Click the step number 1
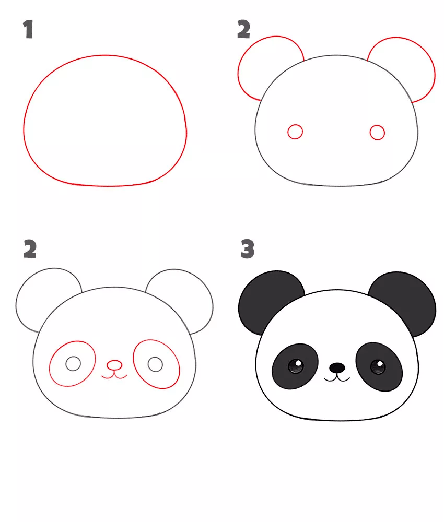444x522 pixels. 28,29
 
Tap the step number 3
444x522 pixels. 248,248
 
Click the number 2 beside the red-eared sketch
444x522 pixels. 243,29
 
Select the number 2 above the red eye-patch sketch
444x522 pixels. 30,249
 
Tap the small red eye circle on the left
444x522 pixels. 295,125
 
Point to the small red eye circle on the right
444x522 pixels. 377,125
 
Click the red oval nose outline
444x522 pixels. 114,361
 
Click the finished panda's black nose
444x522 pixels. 337,368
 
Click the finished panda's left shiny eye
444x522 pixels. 296,366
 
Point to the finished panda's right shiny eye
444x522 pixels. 378,367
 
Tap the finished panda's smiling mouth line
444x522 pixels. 337,380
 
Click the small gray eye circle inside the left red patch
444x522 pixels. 73,357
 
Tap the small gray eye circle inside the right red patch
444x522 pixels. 155,357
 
